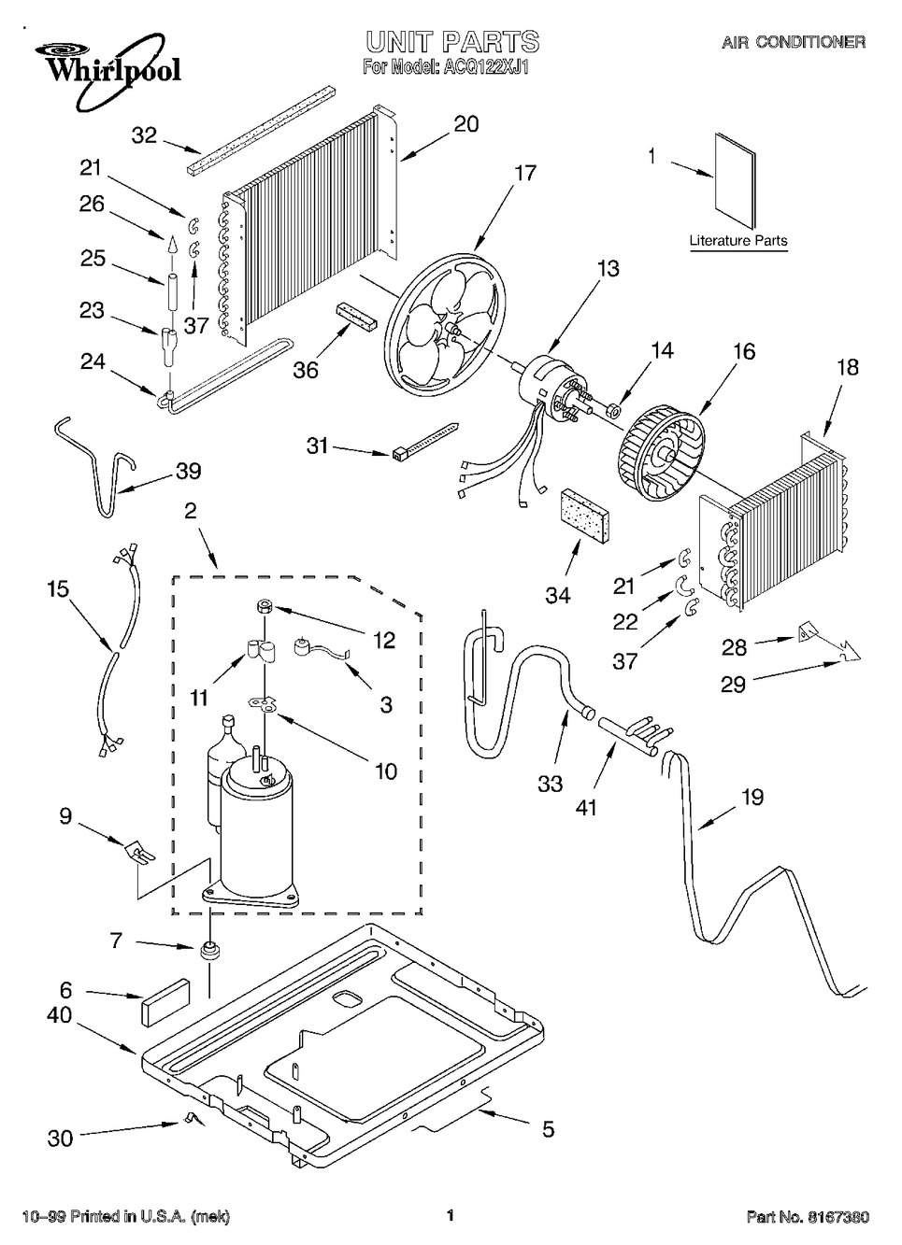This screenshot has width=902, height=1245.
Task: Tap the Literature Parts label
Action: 738,241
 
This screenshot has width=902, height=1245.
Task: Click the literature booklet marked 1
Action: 733,182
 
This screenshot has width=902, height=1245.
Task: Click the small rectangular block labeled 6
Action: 165,1004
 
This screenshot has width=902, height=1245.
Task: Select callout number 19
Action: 752,797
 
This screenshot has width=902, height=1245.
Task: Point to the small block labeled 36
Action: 355,315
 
